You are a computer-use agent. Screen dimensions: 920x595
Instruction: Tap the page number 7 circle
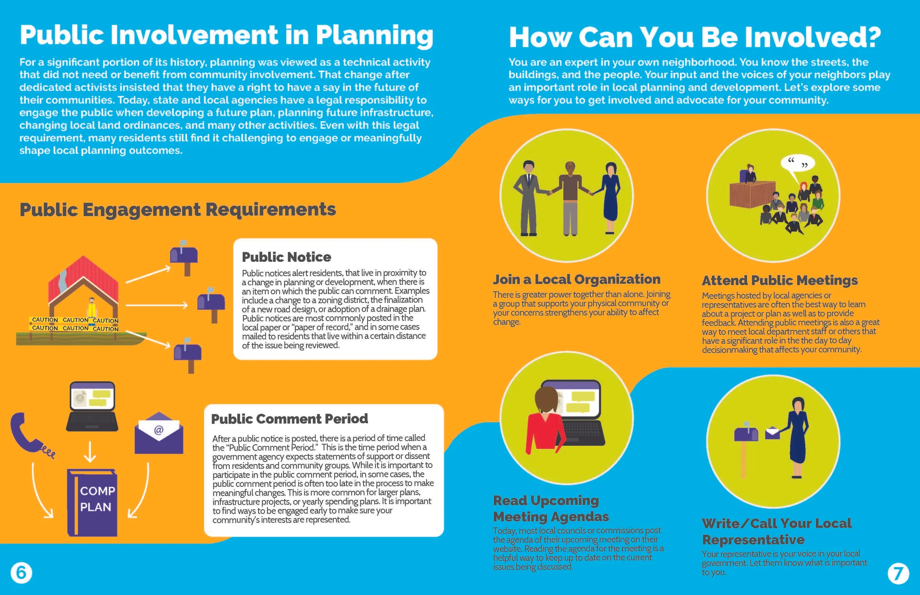(x=898, y=573)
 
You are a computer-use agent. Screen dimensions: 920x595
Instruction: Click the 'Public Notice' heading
(x=286, y=257)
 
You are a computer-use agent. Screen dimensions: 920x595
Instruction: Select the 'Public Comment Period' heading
(x=289, y=418)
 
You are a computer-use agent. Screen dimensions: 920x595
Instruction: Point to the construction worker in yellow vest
(x=92, y=308)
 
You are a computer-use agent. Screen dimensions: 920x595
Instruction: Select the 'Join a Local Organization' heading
(x=576, y=279)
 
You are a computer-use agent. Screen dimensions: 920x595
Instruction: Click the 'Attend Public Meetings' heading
(x=780, y=280)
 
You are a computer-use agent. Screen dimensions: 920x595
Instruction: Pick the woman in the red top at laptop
(x=544, y=425)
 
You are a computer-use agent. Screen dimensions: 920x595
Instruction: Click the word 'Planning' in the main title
(x=374, y=36)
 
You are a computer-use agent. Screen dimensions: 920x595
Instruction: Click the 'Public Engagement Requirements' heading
(x=178, y=210)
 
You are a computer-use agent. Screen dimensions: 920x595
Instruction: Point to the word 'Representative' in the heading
(x=753, y=539)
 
